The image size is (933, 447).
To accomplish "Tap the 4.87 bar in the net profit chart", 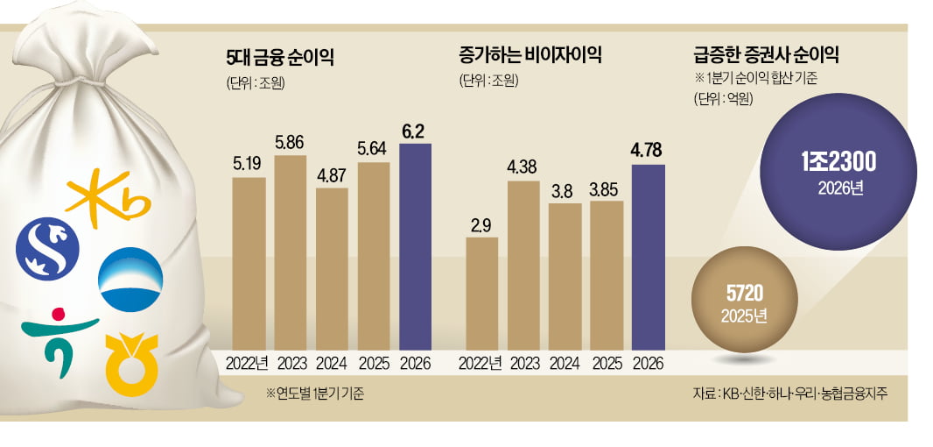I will pyautogui.click(x=332, y=267).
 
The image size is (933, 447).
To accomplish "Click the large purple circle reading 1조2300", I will pyautogui.click(x=835, y=171).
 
